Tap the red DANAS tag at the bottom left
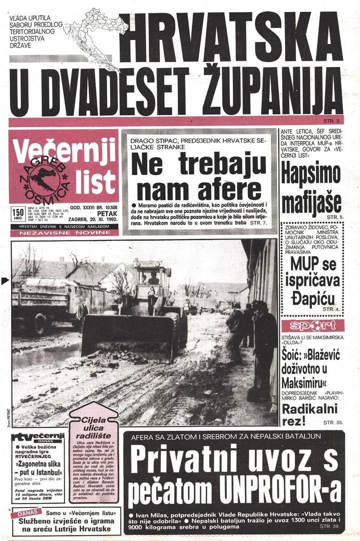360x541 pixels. tap(31, 514)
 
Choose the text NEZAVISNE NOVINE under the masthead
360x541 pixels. tap(63, 233)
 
